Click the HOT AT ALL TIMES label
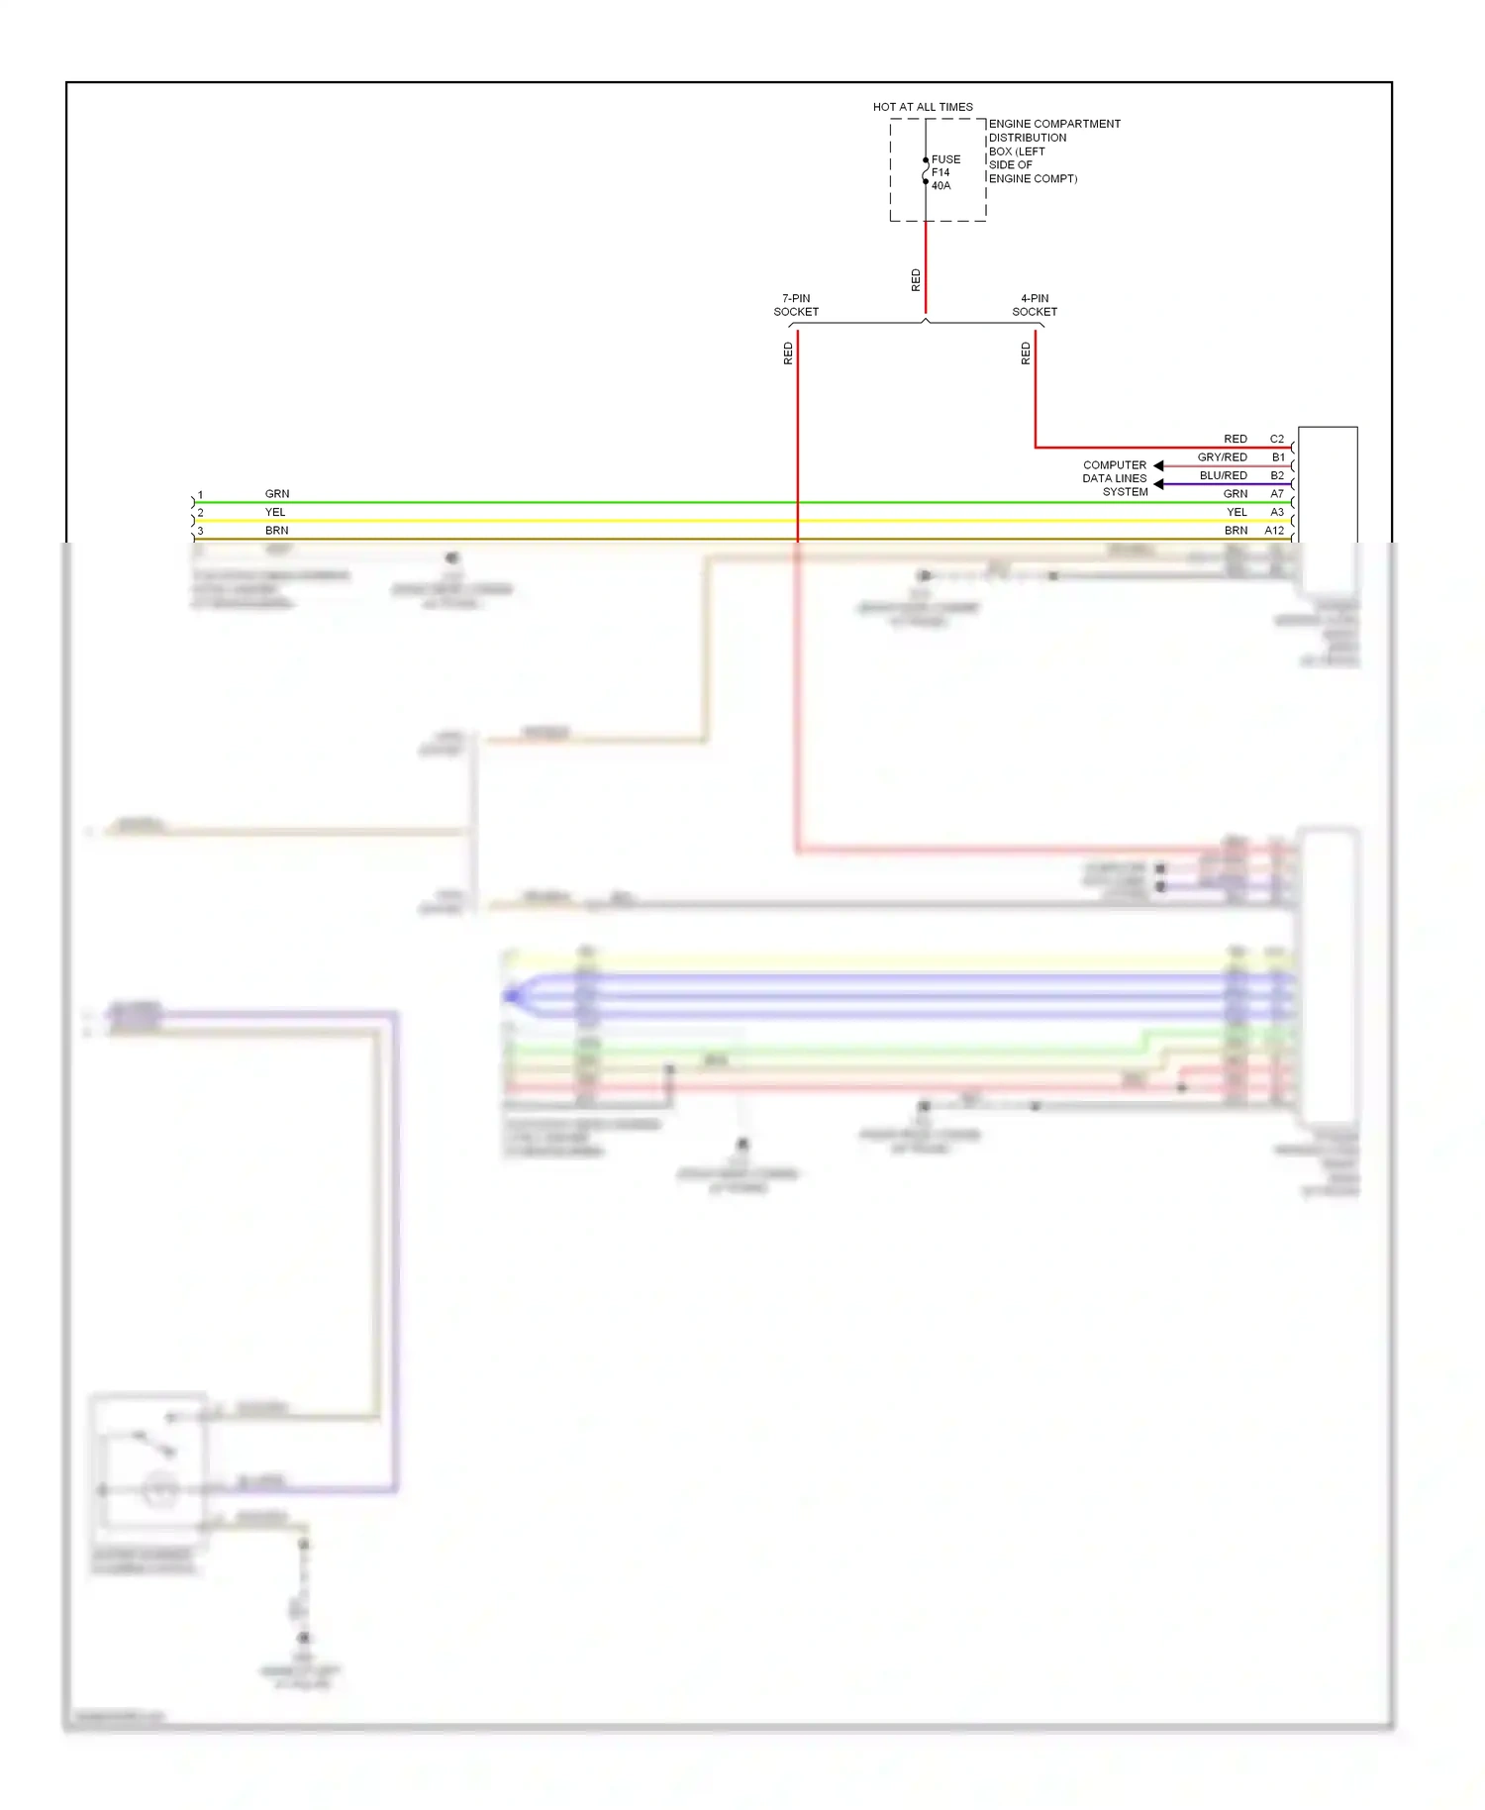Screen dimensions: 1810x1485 923,107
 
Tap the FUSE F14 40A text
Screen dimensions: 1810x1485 944,172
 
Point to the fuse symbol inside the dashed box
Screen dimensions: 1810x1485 926,171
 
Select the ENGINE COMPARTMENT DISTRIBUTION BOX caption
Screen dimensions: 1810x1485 1053,151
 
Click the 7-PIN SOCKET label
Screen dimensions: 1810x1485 796,305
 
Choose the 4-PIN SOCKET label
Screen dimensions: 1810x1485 1035,305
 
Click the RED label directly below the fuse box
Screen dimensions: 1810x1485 916,280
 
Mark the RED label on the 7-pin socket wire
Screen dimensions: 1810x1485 788,353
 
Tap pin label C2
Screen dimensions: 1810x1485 1277,439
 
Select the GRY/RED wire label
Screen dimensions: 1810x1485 1223,457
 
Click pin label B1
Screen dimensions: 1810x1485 1278,457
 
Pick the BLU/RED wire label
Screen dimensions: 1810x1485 1224,475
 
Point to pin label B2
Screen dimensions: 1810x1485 1277,475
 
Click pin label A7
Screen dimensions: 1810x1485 1277,494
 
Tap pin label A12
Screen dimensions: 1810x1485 1274,531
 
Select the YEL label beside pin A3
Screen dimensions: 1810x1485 1237,512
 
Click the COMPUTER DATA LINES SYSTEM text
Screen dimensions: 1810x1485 1115,478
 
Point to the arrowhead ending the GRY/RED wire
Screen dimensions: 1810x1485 1158,465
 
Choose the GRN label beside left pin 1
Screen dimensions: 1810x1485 277,494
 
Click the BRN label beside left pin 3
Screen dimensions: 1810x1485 277,531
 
